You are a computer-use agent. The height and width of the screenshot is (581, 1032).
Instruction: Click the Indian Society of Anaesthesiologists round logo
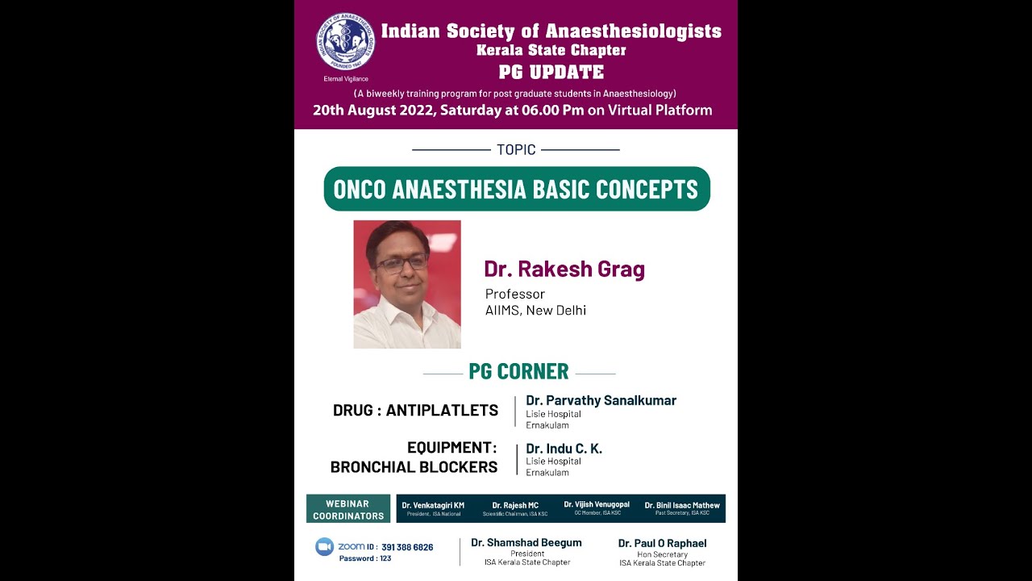(x=345, y=42)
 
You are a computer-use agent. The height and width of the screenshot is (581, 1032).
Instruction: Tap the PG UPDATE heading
(x=551, y=71)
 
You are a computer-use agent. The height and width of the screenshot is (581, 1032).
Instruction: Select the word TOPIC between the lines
(x=516, y=149)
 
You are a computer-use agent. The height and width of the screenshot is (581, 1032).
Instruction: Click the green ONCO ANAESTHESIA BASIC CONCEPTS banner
(x=516, y=189)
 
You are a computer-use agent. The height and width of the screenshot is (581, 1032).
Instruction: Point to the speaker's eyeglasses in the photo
(x=402, y=262)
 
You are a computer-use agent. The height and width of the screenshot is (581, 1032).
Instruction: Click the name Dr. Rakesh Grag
(x=564, y=269)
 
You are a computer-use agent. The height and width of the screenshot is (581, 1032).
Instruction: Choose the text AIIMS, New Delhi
(x=535, y=311)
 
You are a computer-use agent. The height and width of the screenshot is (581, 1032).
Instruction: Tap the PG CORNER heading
(x=518, y=371)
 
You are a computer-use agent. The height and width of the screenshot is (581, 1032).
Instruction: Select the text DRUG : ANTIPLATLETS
(x=415, y=410)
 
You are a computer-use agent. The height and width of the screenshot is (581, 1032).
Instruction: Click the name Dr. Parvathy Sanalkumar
(x=601, y=400)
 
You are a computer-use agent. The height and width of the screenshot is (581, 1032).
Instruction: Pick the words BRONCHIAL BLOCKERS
(x=414, y=466)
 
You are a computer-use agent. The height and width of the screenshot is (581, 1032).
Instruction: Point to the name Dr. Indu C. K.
(x=564, y=449)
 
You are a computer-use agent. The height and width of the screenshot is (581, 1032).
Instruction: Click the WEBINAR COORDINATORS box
(x=348, y=509)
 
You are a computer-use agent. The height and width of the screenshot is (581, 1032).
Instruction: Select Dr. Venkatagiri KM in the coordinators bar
(x=433, y=505)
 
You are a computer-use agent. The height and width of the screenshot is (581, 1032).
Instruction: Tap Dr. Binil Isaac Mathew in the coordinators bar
(x=682, y=505)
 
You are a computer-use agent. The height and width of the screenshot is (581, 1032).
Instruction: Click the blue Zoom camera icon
(x=324, y=546)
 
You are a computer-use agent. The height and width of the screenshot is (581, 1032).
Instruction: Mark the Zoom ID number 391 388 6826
(x=407, y=547)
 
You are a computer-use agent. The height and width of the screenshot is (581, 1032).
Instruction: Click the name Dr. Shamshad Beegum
(x=526, y=542)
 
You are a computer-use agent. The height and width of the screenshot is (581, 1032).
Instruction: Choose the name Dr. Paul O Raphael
(x=662, y=543)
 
